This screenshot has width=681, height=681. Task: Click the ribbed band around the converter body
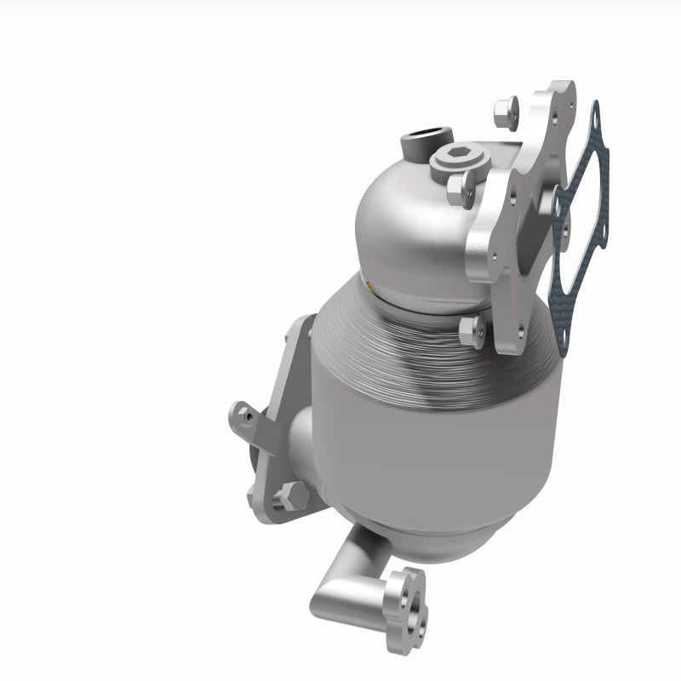[409, 340]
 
